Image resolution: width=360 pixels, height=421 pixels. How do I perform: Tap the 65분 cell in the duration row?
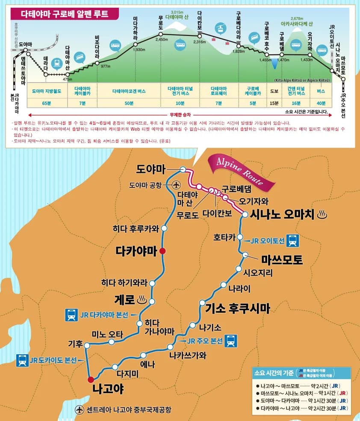click(47, 103)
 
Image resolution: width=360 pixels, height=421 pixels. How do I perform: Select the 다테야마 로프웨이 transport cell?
click(218, 91)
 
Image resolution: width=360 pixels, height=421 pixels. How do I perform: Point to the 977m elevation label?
click(105, 66)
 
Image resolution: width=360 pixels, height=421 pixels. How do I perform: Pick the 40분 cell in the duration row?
click(321, 103)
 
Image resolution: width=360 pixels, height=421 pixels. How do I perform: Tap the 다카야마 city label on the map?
click(136, 252)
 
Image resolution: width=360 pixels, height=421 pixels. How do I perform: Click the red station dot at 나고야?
click(90, 379)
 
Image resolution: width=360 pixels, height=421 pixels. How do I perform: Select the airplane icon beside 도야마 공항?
click(176, 185)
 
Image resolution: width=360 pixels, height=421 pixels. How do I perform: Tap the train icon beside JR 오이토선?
click(293, 240)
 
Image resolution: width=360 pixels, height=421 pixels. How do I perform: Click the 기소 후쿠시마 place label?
click(238, 307)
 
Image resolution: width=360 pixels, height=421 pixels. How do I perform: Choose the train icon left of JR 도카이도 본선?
click(22, 361)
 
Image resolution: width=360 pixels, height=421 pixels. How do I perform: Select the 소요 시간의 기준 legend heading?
click(274, 372)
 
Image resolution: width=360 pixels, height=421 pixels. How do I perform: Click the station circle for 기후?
click(85, 344)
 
